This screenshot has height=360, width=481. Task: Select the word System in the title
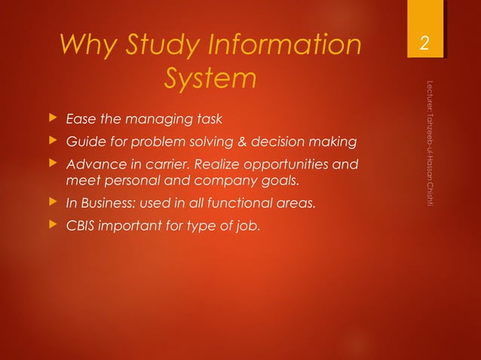pos(209,78)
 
